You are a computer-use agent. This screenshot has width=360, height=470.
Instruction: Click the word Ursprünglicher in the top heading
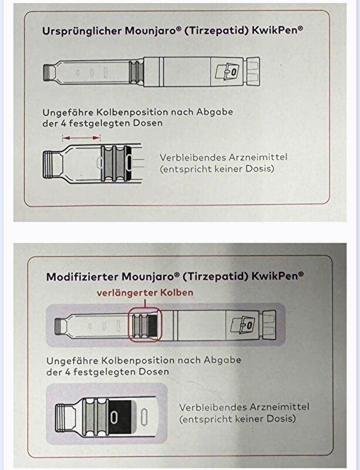[82, 31]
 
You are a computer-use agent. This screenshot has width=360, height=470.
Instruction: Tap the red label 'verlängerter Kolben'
[145, 293]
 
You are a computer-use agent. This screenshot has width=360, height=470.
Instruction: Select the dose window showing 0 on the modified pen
[243, 325]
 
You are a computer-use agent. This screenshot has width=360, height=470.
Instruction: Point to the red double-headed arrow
[81, 138]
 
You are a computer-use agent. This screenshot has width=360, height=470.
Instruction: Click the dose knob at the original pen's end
[253, 72]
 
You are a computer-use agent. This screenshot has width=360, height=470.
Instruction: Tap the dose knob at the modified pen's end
[269, 325]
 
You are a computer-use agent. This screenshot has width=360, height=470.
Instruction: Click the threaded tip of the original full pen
[49, 72]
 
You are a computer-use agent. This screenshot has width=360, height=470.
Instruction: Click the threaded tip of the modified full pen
[61, 326]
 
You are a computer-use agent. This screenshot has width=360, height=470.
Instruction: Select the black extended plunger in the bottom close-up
[120, 417]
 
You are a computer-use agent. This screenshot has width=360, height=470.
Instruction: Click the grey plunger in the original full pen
[136, 72]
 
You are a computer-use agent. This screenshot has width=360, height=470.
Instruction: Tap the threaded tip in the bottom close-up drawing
[65, 417]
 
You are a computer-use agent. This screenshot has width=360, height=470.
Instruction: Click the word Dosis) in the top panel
[260, 169]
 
